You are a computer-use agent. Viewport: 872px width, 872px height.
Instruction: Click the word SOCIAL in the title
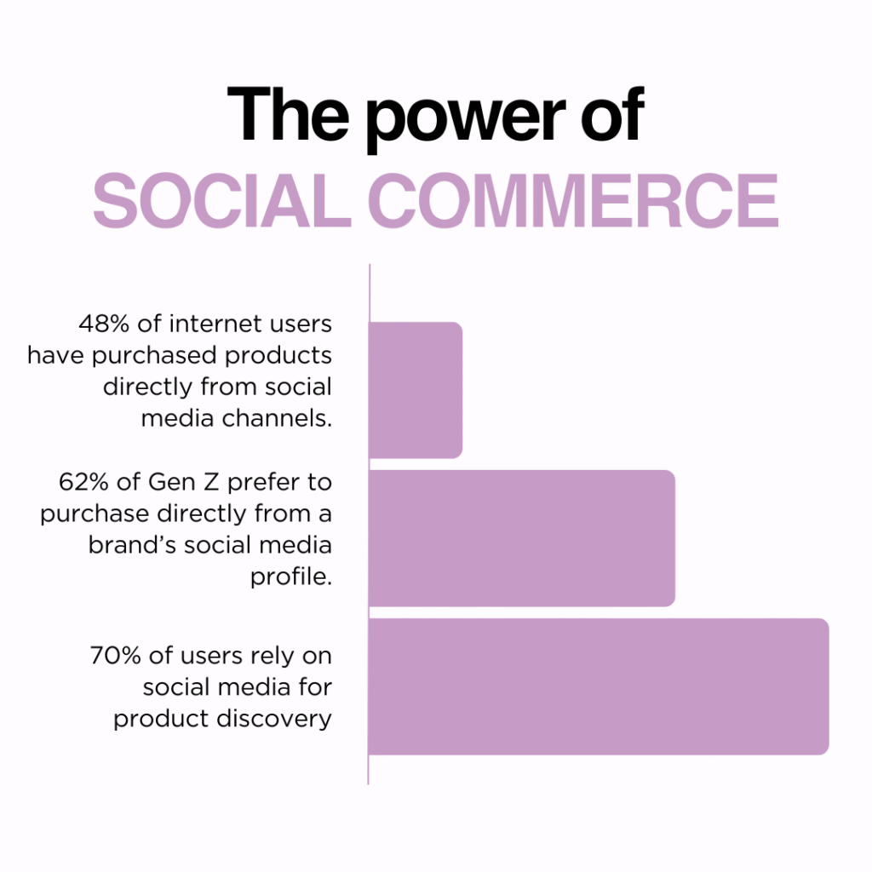[x=222, y=200]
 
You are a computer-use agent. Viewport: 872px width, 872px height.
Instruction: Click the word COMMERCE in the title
[x=573, y=200]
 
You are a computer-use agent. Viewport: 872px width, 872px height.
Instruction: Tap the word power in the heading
[x=467, y=119]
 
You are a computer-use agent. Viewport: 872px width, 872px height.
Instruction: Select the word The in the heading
[x=289, y=113]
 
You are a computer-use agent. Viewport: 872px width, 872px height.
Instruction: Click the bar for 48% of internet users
[x=416, y=390]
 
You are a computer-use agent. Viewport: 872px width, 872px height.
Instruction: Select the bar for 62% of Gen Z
[x=522, y=538]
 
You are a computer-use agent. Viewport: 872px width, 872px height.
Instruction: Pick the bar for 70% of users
[x=599, y=686]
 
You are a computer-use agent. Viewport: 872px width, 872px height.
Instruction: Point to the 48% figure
[x=104, y=324]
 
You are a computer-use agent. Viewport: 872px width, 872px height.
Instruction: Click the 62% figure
[x=83, y=482]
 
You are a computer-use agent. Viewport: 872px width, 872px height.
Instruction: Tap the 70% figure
[x=116, y=656]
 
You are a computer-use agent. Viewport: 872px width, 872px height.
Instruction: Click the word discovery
[x=274, y=719]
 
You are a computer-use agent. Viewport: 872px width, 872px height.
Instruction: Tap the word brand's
[x=132, y=545]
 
